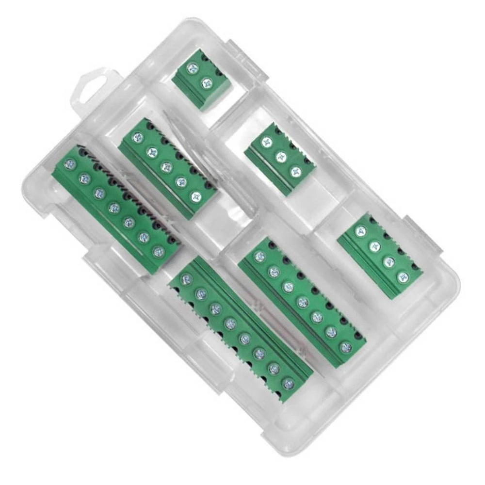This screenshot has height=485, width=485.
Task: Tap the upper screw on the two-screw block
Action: coord(193,69)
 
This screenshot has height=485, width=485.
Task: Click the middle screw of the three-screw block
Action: coord(280,157)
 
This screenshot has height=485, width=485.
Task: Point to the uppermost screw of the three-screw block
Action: coord(266,142)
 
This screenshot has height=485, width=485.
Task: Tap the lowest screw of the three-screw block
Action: coord(295,171)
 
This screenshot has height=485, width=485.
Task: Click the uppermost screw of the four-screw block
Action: coord(360,231)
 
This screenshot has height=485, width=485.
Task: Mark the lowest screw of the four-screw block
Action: coord(403,277)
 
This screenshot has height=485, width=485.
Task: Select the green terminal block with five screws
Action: coord(167,168)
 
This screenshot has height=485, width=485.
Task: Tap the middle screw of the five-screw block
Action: coord(166,167)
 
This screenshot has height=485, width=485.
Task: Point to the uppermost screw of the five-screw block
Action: coord(138,138)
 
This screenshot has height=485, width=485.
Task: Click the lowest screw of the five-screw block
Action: coord(196,197)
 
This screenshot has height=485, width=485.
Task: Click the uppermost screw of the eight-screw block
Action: coord(187,279)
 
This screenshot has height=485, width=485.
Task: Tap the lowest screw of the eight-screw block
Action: coord(288,384)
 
